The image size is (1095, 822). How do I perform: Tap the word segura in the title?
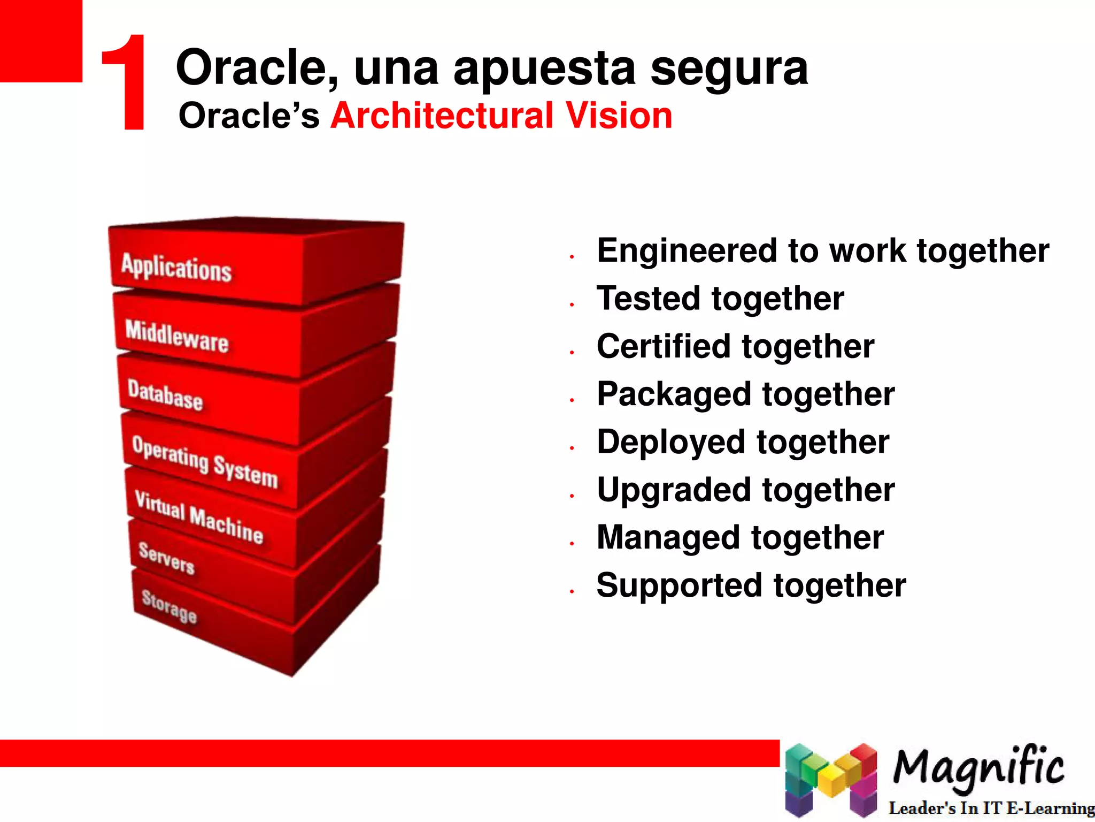(729, 70)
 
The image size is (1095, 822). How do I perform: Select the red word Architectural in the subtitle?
(442, 116)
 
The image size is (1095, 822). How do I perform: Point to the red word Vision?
(619, 116)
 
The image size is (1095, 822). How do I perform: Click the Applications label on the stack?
(176, 267)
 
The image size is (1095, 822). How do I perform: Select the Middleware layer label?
(177, 336)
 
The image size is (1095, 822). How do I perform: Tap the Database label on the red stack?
(165, 395)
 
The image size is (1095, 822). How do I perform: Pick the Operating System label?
(205, 462)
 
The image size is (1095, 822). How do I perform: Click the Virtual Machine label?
(199, 517)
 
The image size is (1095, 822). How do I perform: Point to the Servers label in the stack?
(166, 558)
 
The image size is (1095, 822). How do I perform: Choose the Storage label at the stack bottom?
(169, 606)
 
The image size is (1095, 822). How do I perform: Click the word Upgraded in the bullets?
(674, 490)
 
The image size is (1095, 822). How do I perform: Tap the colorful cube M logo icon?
(831, 779)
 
